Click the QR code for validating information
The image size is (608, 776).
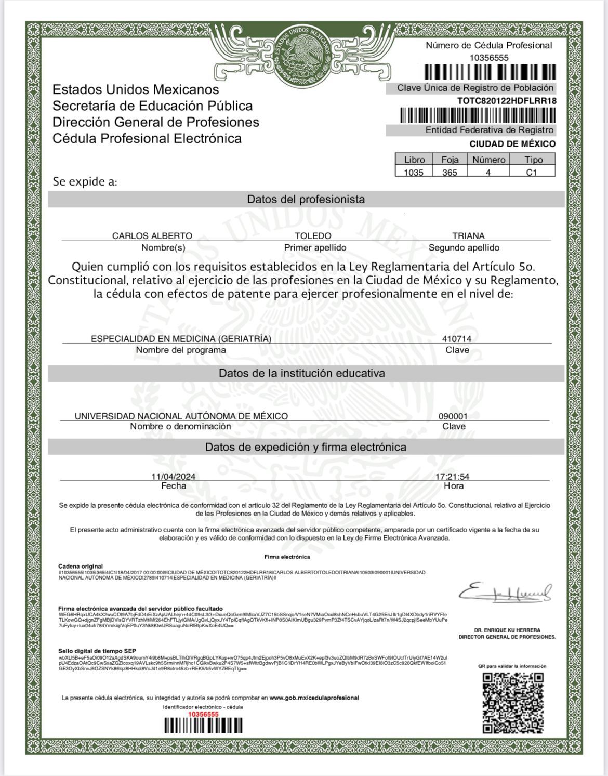513,702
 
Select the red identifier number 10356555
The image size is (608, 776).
203,714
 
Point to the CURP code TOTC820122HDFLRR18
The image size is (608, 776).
507,101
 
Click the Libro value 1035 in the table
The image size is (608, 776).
414,173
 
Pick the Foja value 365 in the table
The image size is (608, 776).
450,173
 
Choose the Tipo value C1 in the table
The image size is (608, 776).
531,173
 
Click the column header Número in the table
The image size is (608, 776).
488,160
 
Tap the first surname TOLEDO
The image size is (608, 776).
313,236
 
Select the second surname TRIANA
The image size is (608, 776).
468,236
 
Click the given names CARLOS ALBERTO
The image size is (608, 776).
152,236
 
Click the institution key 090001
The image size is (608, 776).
453,416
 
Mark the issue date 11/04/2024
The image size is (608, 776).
174,477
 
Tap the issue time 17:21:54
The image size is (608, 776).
453,477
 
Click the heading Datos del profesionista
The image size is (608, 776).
306,200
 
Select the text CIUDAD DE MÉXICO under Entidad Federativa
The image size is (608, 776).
512,144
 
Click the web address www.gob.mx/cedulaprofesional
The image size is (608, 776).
314,698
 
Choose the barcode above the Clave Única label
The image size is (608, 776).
490,72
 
